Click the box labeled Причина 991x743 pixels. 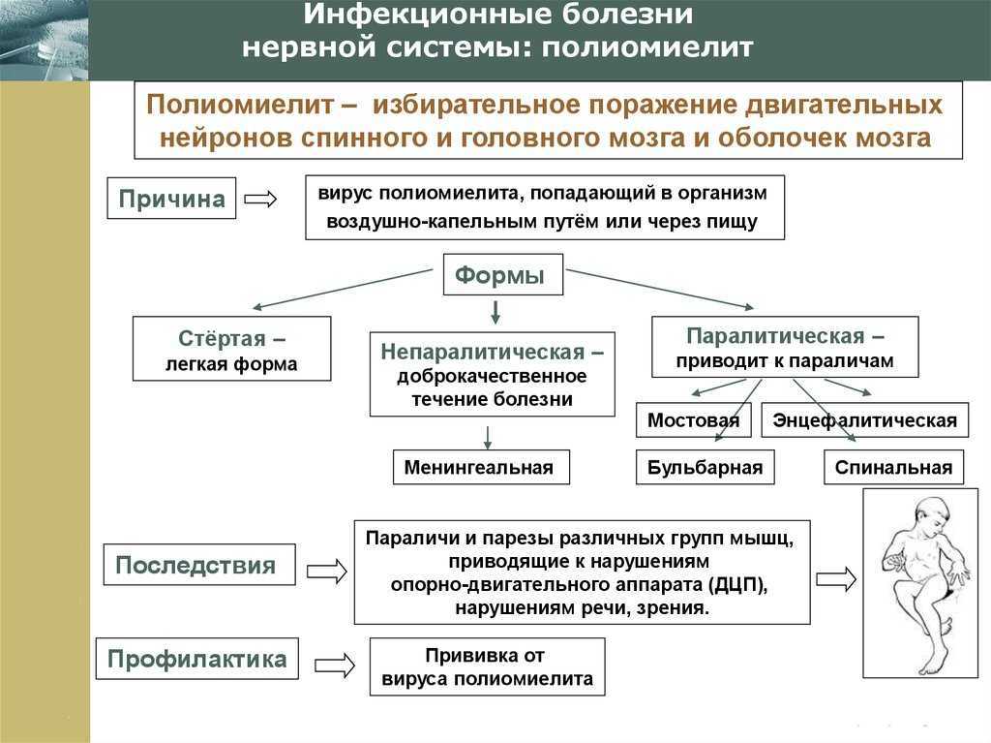pyautogui.click(x=171, y=198)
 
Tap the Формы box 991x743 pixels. pyautogui.click(x=503, y=275)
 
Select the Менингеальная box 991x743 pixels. pyautogui.click(x=481, y=467)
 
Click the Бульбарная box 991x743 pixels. pyautogui.click(x=705, y=467)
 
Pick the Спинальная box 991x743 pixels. pyautogui.click(x=893, y=467)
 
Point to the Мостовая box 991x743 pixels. pyautogui.click(x=693, y=419)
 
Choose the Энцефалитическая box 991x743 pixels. pyautogui.click(x=864, y=419)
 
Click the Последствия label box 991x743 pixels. pyautogui.click(x=199, y=565)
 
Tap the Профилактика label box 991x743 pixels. pyautogui.click(x=196, y=659)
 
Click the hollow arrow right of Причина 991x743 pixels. pyautogui.click(x=260, y=199)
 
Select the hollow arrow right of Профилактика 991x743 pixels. pyautogui.click(x=334, y=665)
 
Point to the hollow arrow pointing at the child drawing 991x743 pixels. pyautogui.click(x=836, y=578)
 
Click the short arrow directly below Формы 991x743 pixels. pyautogui.click(x=495, y=312)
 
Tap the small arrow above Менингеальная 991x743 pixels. pyautogui.click(x=488, y=437)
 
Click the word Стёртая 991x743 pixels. pyautogui.click(x=222, y=338)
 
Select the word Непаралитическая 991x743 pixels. pyautogui.click(x=483, y=352)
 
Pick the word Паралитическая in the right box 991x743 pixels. pyautogui.click(x=775, y=335)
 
